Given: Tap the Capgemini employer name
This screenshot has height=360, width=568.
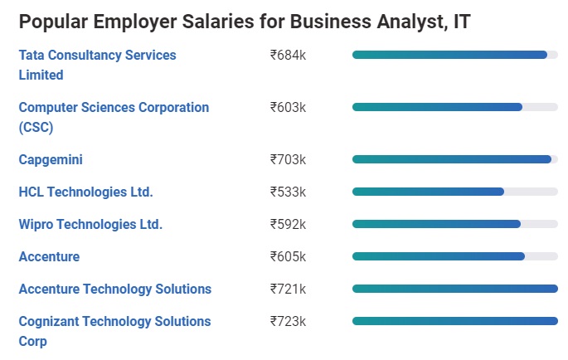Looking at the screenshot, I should pos(51,159).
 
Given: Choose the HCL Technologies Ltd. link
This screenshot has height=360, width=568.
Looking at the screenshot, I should pos(85,192).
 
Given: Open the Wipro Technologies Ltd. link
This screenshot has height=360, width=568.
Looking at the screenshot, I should pos(90,224).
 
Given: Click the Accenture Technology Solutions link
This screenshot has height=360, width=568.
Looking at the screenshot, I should pos(114,289).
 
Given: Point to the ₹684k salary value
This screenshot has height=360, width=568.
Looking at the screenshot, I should pos(288,56).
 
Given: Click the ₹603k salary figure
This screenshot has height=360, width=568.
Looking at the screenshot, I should pos(288,108).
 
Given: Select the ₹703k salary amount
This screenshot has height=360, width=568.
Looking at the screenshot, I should pos(288,159).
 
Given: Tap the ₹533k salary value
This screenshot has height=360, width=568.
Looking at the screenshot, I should pos(288,192).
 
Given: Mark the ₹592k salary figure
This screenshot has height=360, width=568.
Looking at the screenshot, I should pos(288,224).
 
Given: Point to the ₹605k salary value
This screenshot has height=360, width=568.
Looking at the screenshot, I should pos(288,256).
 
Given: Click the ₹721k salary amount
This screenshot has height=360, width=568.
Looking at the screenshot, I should pos(288,289).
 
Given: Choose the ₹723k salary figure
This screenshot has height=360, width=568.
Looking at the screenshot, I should pos(288,321).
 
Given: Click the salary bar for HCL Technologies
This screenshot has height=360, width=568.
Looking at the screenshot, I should pos(428,192).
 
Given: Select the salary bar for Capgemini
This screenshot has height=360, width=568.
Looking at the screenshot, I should pos(452,159).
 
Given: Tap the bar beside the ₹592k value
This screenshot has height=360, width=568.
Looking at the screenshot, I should pos(436,224).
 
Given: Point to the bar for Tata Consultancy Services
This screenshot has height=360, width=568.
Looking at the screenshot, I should pos(449,55).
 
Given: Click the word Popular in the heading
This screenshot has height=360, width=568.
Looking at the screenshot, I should pos(55,22).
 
